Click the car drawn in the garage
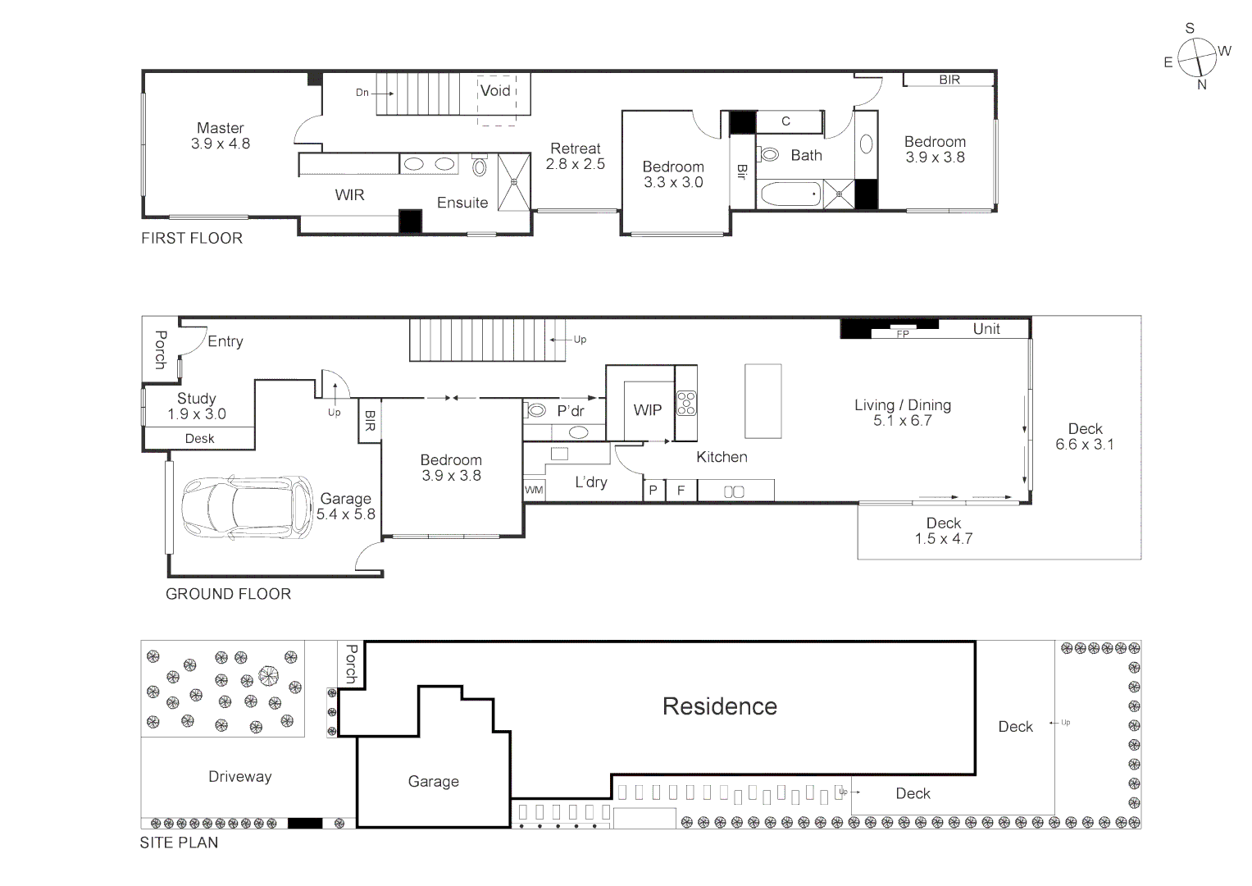pos(247,508)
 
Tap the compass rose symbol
pos(1196,58)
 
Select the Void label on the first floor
pos(495,91)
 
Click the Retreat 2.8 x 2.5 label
pos(576,156)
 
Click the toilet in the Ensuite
pos(480,167)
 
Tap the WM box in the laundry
pos(534,490)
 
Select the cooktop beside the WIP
pos(686,404)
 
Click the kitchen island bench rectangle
pos(763,401)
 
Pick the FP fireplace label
pos(903,334)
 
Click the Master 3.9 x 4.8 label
pos(220,135)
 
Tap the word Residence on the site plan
pos(719,706)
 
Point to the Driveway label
pos(239,777)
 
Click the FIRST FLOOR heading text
pos(192,239)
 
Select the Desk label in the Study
pos(199,439)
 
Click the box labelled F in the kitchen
pos(681,491)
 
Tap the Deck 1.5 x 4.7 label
pos(943,531)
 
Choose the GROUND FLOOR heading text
pos(228,594)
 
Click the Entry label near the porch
pos(225,341)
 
